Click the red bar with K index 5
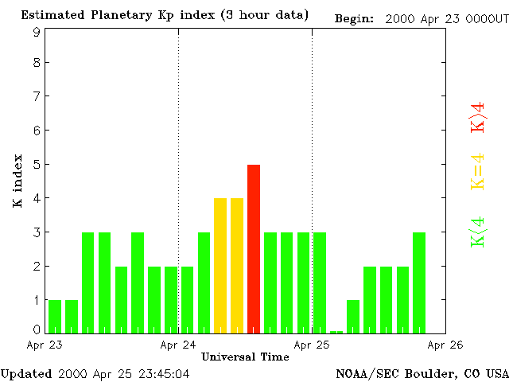click(254, 248)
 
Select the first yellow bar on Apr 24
click(220, 265)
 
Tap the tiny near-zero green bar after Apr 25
click(336, 332)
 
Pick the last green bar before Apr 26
click(419, 283)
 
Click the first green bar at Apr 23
click(55, 316)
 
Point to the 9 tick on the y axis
click(37, 33)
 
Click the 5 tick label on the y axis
click(37, 164)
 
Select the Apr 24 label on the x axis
click(178, 345)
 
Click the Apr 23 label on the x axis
click(45, 345)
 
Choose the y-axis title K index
click(17, 181)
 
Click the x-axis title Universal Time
click(245, 357)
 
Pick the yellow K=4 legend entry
click(478, 172)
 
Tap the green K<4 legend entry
click(478, 232)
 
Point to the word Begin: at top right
click(354, 18)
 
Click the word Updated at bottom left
click(26, 373)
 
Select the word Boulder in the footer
click(430, 373)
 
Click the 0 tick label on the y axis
click(37, 329)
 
